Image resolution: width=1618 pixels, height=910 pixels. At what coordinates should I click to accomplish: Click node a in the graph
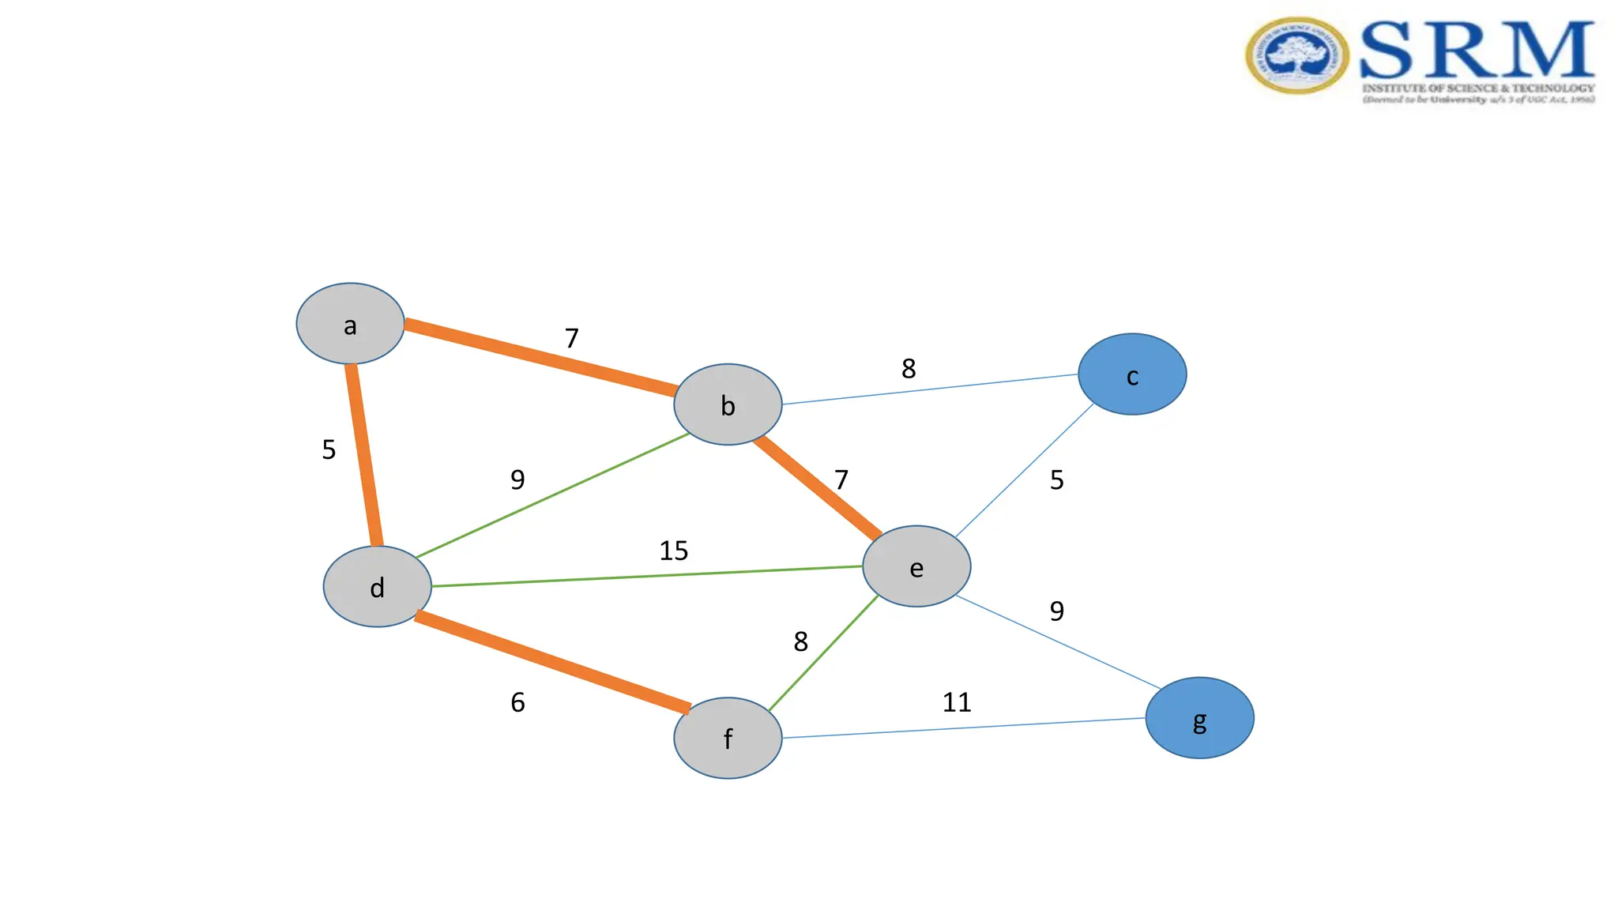point(350,324)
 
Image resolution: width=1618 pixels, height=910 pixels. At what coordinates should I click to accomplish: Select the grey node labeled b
point(728,404)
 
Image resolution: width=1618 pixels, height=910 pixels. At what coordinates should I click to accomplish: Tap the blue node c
point(1132,374)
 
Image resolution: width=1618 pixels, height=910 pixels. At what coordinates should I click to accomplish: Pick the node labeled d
point(378,587)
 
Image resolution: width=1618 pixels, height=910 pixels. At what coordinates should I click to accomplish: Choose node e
point(916,566)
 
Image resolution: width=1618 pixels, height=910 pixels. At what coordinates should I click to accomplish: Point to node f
point(728,738)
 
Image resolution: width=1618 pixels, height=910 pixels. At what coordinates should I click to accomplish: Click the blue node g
point(1199,718)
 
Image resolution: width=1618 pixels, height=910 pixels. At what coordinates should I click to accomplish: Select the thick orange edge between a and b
point(540,358)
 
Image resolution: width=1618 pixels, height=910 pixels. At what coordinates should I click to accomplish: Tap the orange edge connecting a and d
point(364,455)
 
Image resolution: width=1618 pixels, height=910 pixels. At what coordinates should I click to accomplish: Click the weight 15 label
point(674,551)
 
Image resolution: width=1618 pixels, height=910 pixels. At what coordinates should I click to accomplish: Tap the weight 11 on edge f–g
point(957,702)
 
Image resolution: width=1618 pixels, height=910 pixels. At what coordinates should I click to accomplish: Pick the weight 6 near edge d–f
point(517,702)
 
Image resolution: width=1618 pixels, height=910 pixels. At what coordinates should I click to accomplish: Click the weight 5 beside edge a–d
point(329,449)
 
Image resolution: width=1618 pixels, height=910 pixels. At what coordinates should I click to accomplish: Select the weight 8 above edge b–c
point(909,368)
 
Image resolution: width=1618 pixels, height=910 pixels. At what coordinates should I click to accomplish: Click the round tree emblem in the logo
point(1296,56)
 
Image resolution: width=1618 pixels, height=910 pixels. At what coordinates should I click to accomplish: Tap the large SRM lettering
point(1477,49)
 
